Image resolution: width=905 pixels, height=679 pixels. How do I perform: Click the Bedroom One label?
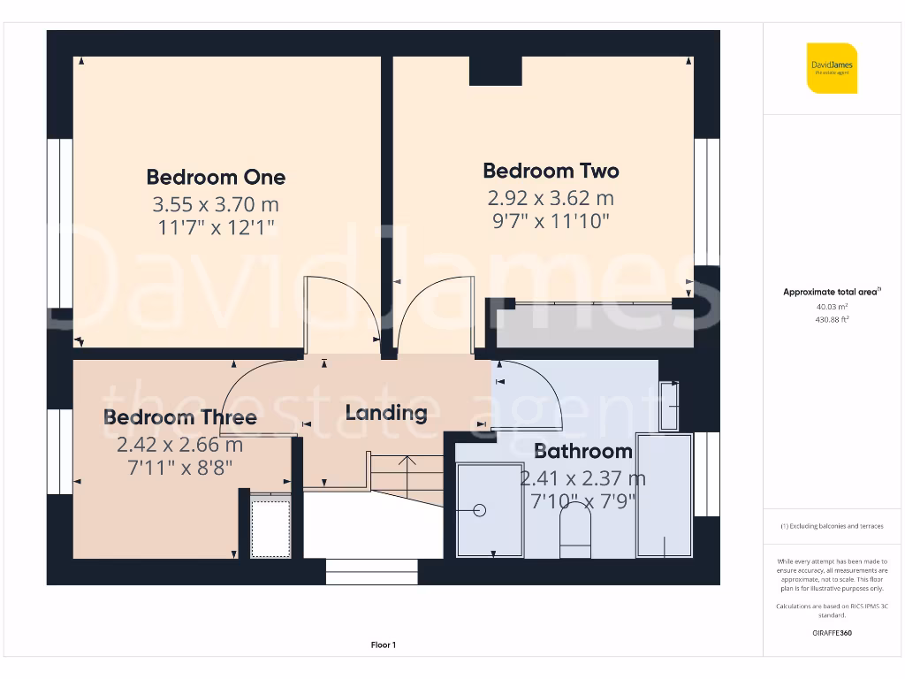(216, 177)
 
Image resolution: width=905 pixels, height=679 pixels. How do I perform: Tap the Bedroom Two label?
(551, 171)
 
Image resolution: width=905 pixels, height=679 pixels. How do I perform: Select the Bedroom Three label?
(180, 417)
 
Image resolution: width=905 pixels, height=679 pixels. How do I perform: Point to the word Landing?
(386, 412)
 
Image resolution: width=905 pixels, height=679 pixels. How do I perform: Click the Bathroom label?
(582, 451)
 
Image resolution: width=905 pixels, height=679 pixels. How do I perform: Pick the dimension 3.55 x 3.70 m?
(216, 204)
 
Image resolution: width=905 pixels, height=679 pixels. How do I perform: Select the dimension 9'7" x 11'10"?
(551, 221)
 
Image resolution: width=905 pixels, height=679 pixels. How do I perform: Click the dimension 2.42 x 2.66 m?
(180, 444)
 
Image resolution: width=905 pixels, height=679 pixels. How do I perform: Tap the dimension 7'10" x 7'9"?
(582, 501)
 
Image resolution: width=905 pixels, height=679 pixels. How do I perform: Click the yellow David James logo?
(832, 68)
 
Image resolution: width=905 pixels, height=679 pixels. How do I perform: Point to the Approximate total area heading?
(832, 292)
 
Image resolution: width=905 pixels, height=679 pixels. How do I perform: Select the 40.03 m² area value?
(832, 306)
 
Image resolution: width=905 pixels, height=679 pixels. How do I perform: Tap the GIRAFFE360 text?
(832, 633)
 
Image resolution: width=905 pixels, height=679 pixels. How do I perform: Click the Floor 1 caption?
(384, 645)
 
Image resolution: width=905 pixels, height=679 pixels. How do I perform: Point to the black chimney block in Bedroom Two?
(495, 71)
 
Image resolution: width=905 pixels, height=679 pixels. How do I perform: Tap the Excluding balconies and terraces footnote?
(832, 526)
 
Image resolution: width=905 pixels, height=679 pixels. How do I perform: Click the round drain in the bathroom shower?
(480, 510)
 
